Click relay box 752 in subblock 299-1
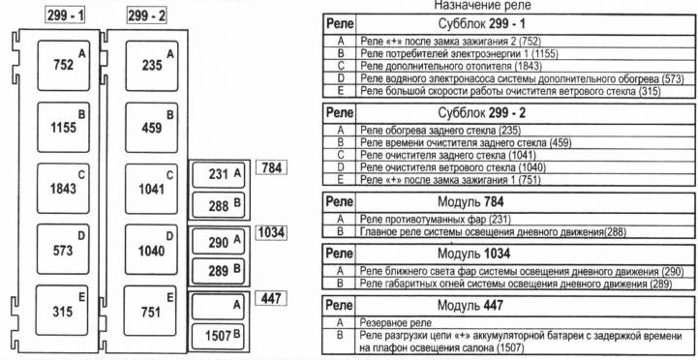click(64, 66)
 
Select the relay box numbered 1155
click(64, 128)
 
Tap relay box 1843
click(63, 189)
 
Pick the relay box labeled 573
click(63, 250)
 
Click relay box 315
click(62, 310)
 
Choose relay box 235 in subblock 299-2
click(152, 66)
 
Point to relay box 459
click(151, 128)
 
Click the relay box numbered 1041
click(151, 189)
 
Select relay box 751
click(150, 311)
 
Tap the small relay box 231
click(219, 175)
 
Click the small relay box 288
click(219, 205)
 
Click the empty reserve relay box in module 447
click(218, 306)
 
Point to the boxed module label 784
click(271, 168)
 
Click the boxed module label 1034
click(271, 232)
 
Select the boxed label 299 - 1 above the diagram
click(66, 15)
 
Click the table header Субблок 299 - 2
click(482, 113)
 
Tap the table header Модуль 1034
click(473, 254)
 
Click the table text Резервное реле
click(396, 322)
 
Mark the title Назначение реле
click(482, 6)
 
